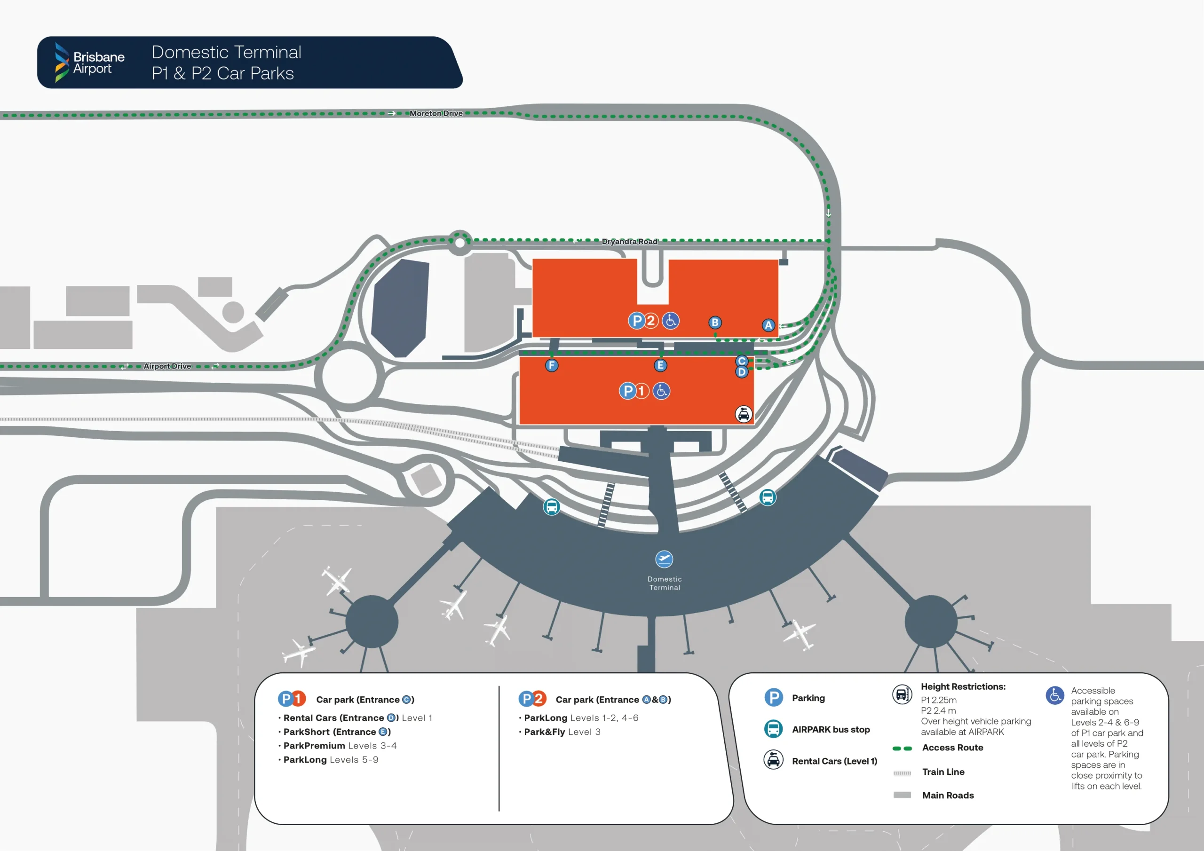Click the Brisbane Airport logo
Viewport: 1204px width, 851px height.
[x=90, y=63]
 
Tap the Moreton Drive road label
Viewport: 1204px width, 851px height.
[x=436, y=113]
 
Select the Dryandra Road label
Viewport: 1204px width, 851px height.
[x=629, y=242]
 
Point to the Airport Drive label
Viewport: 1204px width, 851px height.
[x=167, y=366]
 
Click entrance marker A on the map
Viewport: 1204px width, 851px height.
[x=768, y=325]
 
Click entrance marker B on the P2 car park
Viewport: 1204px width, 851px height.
[x=715, y=323]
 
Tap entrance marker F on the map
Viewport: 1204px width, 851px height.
[x=552, y=365]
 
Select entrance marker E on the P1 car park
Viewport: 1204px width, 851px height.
[x=660, y=365]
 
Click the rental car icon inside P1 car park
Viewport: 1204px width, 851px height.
[x=743, y=415]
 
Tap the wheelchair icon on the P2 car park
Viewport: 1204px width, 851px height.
[x=670, y=320]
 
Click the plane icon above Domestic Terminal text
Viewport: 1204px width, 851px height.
[x=664, y=559]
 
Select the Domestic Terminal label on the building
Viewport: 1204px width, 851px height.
[x=665, y=583]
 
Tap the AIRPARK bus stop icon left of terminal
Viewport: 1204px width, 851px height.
[x=551, y=507]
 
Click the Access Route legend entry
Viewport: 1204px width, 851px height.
[x=952, y=748]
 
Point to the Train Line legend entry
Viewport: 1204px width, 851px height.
[x=943, y=772]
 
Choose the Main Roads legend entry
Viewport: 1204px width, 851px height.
[x=947, y=796]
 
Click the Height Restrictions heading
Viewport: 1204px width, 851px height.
[x=963, y=687]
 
